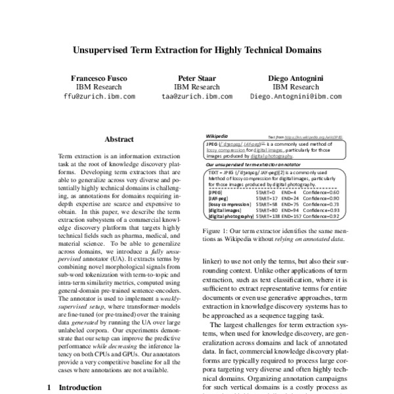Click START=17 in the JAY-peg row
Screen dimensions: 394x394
click(268, 198)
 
